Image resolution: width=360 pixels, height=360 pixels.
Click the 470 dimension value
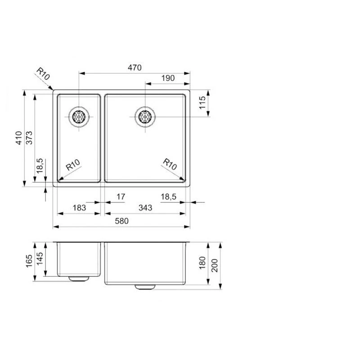(x=135, y=68)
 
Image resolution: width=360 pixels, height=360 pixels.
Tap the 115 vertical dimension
(x=202, y=103)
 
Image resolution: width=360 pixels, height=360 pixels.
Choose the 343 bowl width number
(x=145, y=208)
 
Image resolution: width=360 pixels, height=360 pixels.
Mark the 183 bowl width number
(x=79, y=208)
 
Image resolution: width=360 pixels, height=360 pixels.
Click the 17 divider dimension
(x=120, y=197)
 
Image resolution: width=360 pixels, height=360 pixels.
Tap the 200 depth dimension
(x=214, y=265)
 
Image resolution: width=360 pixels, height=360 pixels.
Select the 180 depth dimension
(x=202, y=263)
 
